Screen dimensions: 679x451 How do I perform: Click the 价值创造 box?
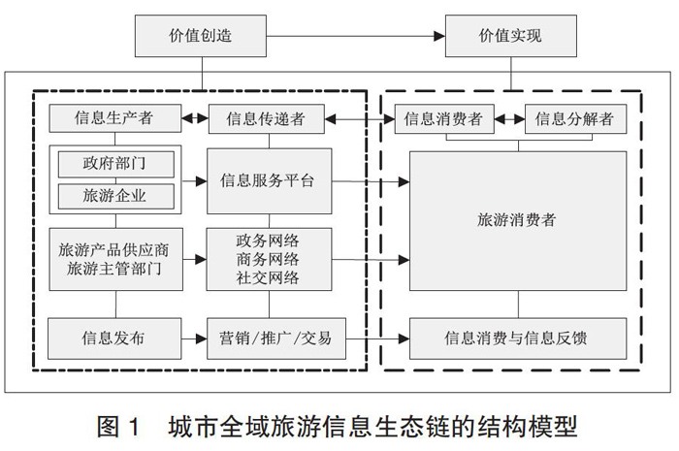pyautogui.click(x=201, y=36)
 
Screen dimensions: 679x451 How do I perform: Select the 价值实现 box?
pyautogui.click(x=511, y=36)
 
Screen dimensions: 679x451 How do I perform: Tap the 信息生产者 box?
pyautogui.click(x=114, y=118)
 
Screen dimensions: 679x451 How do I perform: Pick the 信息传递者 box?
pyautogui.click(x=267, y=119)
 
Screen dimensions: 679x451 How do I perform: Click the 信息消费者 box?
pyautogui.click(x=444, y=119)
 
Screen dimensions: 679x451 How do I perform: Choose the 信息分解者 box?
pyautogui.click(x=575, y=119)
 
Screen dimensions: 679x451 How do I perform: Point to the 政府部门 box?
pyautogui.click(x=116, y=164)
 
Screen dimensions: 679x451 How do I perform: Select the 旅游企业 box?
pyautogui.click(x=116, y=196)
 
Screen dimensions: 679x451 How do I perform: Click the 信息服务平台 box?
pyautogui.click(x=270, y=181)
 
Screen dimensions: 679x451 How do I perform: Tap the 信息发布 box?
pyautogui.click(x=114, y=338)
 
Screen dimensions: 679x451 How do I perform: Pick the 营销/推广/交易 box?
pyautogui.click(x=276, y=338)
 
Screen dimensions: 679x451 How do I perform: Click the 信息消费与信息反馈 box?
pyautogui.click(x=518, y=338)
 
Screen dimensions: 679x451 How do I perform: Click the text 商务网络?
pyautogui.click(x=268, y=259)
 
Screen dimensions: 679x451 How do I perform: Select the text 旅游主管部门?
pyautogui.click(x=114, y=269)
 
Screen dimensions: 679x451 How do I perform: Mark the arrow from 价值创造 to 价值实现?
pyautogui.click(x=356, y=36)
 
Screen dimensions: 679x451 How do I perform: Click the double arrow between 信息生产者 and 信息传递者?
pyautogui.click(x=195, y=118)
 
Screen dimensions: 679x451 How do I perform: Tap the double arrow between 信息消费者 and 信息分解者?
pyautogui.click(x=509, y=119)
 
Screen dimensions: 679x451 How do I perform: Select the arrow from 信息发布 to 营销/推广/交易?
pyautogui.click(x=194, y=338)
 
